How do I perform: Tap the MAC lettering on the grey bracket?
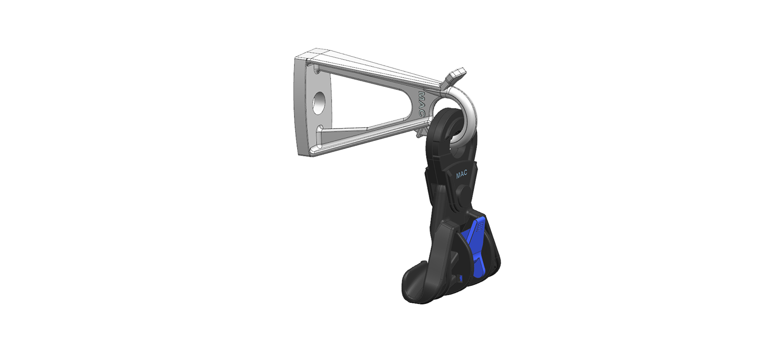422,104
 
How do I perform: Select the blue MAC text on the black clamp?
462,174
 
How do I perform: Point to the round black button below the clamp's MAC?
463,192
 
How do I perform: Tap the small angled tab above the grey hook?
454,77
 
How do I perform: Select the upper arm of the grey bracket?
375,70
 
